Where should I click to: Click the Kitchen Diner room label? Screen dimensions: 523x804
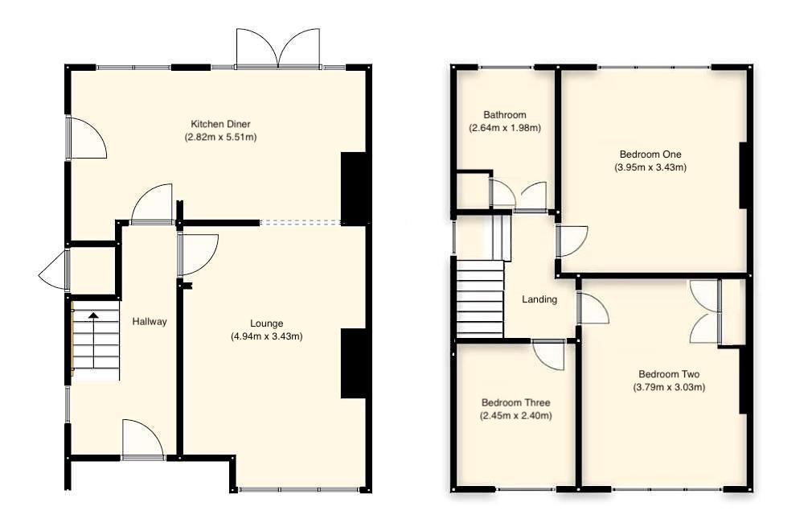coord(220,124)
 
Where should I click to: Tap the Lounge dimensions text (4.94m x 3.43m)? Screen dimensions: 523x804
coord(266,336)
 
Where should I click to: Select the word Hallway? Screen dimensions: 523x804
coord(150,322)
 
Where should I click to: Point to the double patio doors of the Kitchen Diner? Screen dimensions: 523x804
coord(277,48)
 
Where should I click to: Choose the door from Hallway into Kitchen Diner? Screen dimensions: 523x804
coord(152,204)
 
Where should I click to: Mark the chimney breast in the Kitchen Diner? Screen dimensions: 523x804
coord(355,187)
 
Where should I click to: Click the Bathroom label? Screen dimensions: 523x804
coord(504,114)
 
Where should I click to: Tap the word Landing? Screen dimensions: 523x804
coord(539,300)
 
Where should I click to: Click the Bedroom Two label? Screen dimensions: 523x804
coord(669,374)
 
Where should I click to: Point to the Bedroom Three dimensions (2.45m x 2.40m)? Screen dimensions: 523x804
coord(516,416)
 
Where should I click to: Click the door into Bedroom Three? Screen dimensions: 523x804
coord(549,355)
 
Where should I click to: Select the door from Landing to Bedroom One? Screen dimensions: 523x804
coord(572,241)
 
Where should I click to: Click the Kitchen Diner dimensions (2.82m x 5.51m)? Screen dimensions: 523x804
coord(220,137)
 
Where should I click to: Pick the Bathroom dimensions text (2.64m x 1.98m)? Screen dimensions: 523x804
coord(504,127)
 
